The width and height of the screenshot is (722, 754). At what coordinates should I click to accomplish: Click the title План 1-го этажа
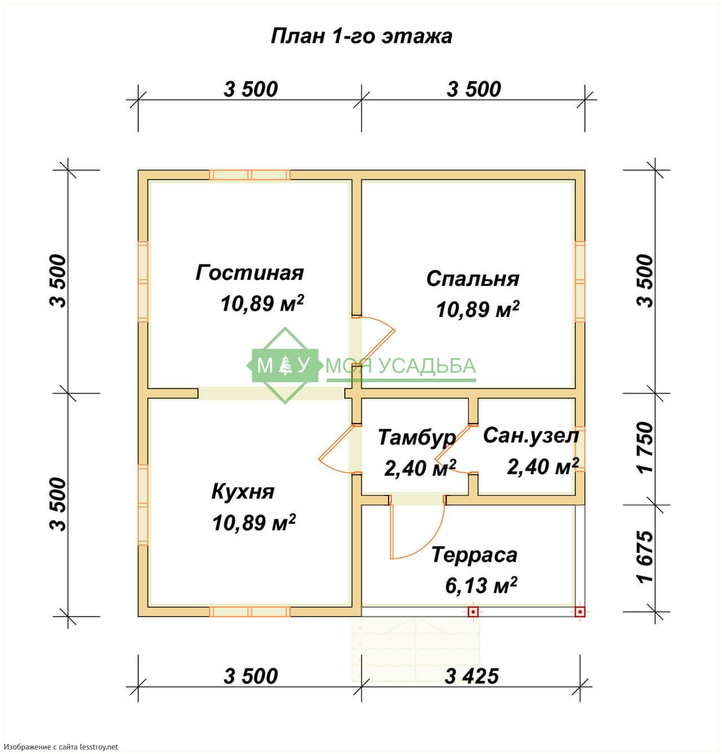click(x=361, y=37)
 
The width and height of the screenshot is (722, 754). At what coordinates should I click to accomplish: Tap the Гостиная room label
click(x=249, y=272)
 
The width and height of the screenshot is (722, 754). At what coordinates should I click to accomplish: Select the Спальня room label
click(x=473, y=279)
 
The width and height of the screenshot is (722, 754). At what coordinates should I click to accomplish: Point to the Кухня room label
click(x=243, y=492)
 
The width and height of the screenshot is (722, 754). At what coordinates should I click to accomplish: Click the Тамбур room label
click(x=417, y=438)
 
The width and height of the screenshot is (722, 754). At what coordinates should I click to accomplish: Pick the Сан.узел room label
click(x=531, y=435)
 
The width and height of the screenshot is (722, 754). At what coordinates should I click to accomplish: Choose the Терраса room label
click(x=474, y=554)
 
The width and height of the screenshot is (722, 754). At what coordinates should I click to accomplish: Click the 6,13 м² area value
click(x=481, y=585)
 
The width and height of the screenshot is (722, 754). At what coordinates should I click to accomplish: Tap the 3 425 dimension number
click(x=471, y=676)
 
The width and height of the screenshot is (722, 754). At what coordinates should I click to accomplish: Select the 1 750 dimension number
click(x=646, y=447)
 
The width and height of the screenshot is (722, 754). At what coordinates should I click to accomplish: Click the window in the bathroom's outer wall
click(x=580, y=449)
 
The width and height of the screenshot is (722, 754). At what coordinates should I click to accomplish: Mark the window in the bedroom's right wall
click(x=580, y=281)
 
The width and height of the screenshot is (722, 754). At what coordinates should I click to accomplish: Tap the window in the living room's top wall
click(x=249, y=175)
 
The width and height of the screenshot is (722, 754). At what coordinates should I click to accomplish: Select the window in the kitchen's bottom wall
click(x=249, y=612)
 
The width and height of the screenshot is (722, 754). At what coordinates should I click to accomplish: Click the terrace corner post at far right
click(x=580, y=612)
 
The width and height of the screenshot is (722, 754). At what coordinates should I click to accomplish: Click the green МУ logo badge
click(x=285, y=365)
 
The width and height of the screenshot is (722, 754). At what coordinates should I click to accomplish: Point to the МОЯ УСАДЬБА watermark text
click(x=401, y=365)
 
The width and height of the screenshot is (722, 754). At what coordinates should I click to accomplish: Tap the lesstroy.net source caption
click(x=61, y=747)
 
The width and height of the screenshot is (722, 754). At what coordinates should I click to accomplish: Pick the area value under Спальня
click(x=477, y=310)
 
